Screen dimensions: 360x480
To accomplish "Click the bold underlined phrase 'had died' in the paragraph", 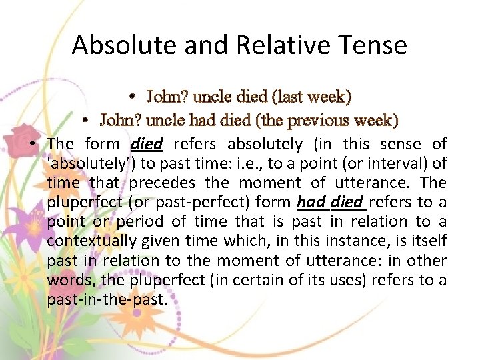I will pos(331,202).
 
